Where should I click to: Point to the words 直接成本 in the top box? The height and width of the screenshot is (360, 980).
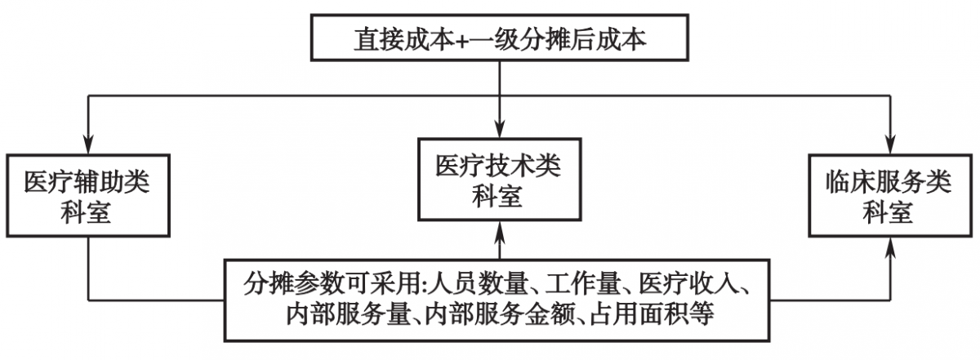405,39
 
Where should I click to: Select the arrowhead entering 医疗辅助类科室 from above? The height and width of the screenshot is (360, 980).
88,144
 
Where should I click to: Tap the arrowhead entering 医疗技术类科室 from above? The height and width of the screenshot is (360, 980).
500,129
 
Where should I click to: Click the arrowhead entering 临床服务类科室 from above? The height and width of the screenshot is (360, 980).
890,144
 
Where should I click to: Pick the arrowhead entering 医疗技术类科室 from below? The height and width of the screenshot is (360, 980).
500,231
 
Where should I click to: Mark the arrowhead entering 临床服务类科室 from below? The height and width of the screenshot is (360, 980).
890,247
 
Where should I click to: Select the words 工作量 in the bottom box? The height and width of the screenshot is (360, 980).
583,284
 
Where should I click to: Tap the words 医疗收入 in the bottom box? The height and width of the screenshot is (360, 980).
688,284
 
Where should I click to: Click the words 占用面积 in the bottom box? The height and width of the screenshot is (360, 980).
639,313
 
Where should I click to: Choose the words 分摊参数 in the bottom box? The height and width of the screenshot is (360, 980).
293,284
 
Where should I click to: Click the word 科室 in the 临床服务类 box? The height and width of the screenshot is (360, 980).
889,212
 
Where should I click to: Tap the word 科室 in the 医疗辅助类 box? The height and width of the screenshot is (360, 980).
86,212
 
